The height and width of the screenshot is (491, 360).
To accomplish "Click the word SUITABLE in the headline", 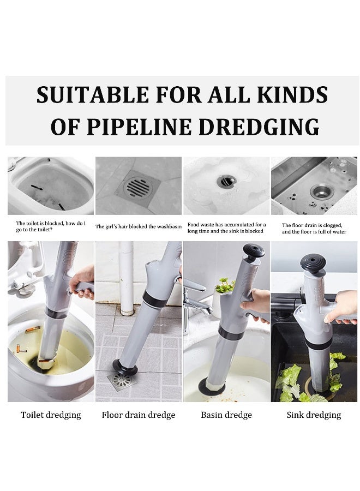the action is [92, 94].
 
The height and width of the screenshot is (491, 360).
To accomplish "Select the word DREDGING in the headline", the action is [259, 127].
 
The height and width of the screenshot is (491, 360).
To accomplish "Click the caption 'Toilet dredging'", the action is [51, 415].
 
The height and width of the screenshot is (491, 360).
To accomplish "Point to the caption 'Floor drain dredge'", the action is [139, 415].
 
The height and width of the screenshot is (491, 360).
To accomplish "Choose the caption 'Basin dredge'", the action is [226, 415].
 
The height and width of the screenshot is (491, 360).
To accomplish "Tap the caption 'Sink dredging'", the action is [314, 415].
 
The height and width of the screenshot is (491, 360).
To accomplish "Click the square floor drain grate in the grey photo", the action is [138, 187].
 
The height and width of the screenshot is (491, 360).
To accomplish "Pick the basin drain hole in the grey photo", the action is [227, 182].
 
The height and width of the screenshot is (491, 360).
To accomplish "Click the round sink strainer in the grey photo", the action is [322, 191].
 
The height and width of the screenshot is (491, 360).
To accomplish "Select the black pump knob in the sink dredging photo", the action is [313, 263].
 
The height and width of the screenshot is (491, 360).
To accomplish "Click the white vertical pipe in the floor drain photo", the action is [127, 278].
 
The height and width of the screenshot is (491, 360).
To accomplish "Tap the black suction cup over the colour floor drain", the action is [125, 367].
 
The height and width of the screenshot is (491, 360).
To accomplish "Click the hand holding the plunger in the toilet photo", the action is [82, 282].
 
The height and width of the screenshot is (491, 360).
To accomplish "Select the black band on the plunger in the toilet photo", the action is [56, 313].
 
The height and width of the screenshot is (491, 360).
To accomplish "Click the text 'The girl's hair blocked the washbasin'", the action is [139, 226].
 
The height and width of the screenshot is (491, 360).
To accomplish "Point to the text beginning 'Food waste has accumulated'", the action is [227, 227].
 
